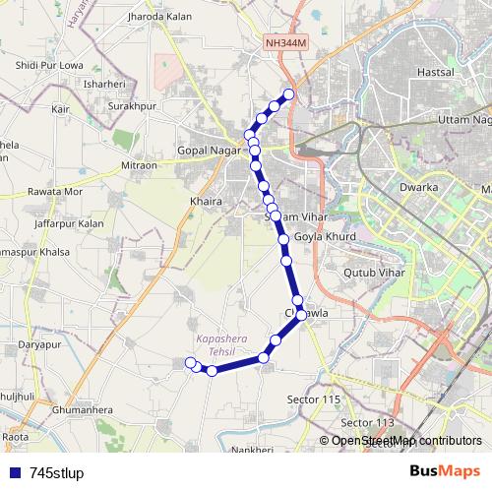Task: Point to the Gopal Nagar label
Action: [x=208, y=150]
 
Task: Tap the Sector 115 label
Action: [x=312, y=399]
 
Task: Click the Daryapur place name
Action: [x=39, y=345]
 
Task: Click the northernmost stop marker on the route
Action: [x=289, y=94]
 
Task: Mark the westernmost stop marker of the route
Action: [x=191, y=363]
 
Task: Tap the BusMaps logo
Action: [x=444, y=470]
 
